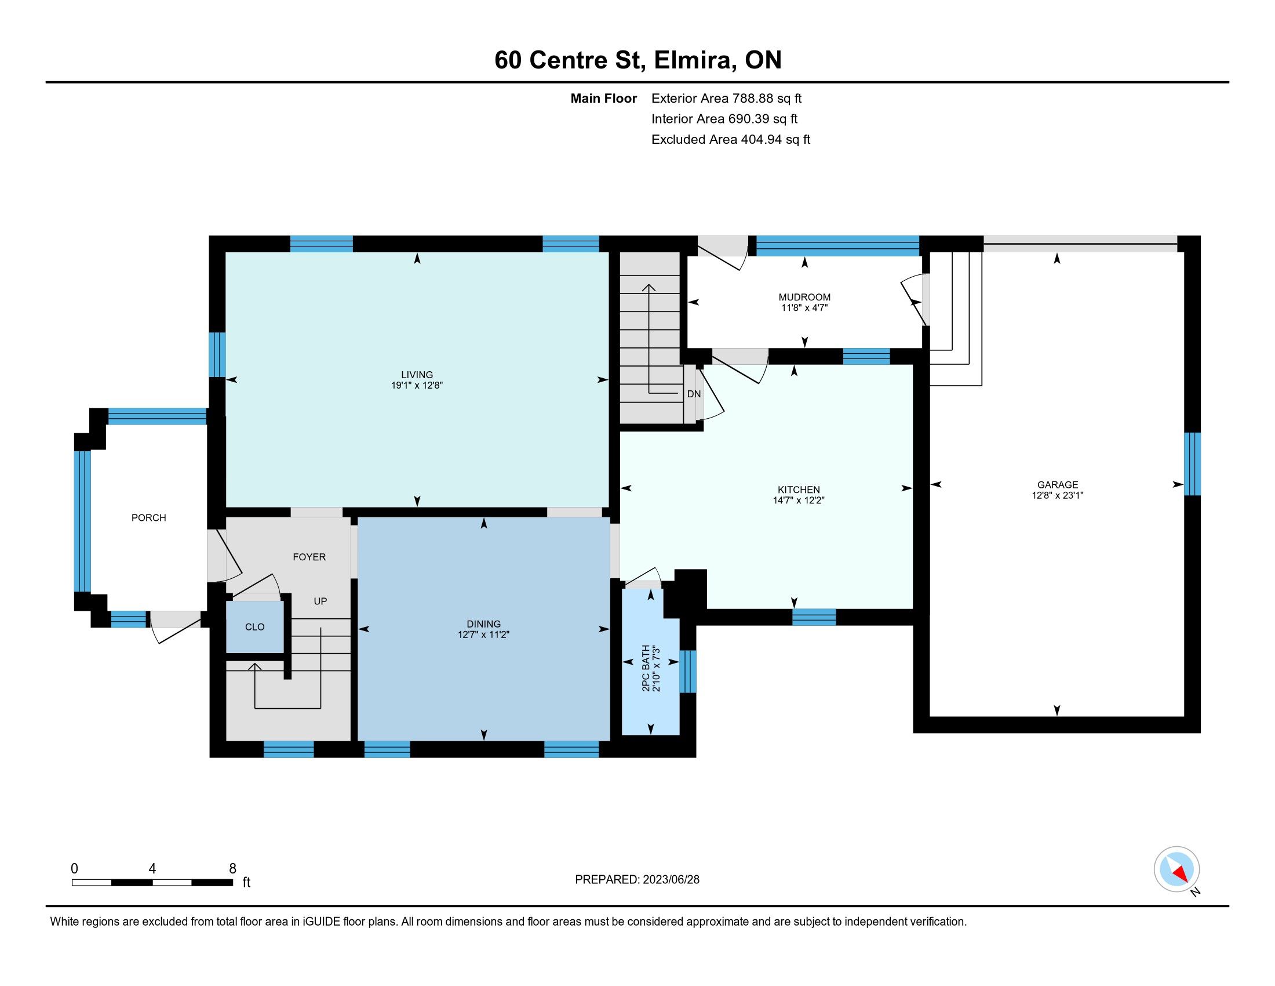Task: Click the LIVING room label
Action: [417, 375]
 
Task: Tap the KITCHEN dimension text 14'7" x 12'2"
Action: [799, 501]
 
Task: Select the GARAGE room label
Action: [1058, 485]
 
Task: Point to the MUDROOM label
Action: [804, 298]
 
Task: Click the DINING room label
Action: [484, 624]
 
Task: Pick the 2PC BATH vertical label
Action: [646, 668]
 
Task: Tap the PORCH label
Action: [149, 518]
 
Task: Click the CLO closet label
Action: [254, 628]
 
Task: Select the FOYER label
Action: [309, 557]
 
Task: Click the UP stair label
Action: [320, 601]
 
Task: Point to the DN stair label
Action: [694, 394]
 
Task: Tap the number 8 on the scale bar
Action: [232, 869]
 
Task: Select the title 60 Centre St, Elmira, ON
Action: [637, 60]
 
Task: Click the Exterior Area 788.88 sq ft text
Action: [726, 99]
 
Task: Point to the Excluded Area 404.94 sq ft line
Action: [731, 140]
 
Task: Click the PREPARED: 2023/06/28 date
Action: [637, 880]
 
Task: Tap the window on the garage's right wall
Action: [1192, 464]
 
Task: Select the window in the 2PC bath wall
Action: [688, 672]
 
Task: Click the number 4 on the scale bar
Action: [152, 869]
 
